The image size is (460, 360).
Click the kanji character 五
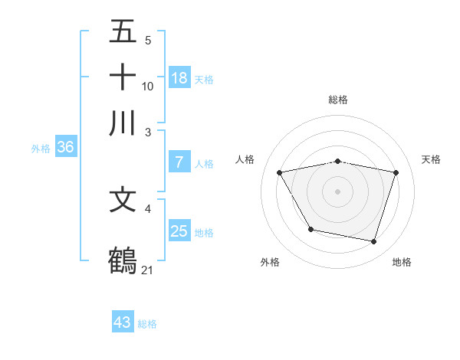(x=123, y=32)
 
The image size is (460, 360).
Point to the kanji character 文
(x=123, y=200)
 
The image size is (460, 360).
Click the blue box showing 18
(x=179, y=78)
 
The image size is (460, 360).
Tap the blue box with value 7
(x=179, y=162)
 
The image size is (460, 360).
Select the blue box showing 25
(x=179, y=231)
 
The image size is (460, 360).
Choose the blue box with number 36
(x=65, y=148)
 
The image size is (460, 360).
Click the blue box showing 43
(x=123, y=322)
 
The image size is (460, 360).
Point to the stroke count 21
(x=148, y=270)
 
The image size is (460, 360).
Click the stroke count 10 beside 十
(x=148, y=86)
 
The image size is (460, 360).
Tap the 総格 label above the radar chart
(x=338, y=100)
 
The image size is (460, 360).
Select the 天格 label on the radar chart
(x=432, y=159)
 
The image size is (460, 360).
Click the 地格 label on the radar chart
(x=402, y=262)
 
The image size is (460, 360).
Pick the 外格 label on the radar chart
(x=270, y=262)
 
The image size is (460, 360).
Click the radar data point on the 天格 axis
(x=396, y=172)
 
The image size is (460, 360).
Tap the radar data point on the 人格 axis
(x=280, y=172)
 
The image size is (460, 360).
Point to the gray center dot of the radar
(x=338, y=191)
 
